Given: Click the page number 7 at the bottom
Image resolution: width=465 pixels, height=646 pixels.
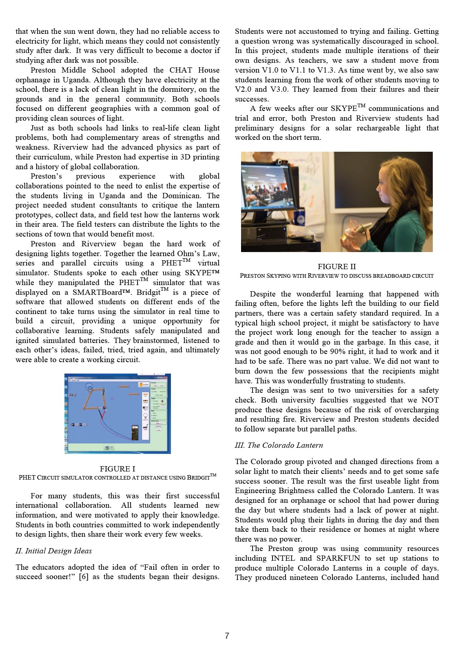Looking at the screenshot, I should click(x=227, y=635).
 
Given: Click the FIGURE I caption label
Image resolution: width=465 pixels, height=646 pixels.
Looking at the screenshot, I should click(x=117, y=469).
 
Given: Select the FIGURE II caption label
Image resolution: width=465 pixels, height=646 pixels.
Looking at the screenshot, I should click(x=337, y=266).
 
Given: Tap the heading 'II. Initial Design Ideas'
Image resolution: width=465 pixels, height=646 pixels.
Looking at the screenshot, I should click(x=54, y=551).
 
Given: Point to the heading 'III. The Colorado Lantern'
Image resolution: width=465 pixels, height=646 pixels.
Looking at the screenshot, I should click(x=279, y=445).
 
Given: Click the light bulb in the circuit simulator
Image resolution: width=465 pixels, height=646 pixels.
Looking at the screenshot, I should click(x=89, y=387).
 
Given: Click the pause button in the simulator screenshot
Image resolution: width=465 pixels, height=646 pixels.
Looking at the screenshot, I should click(x=107, y=447).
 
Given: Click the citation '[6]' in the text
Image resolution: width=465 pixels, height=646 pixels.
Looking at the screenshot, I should click(x=83, y=577).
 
